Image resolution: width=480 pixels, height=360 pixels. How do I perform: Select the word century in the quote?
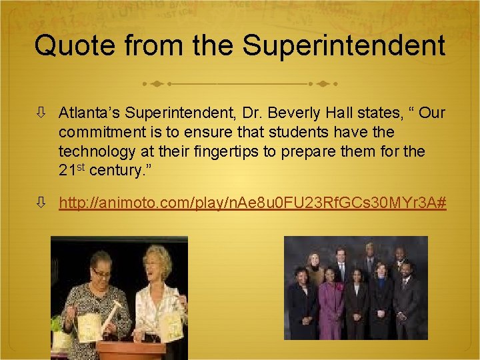click(x=115, y=170)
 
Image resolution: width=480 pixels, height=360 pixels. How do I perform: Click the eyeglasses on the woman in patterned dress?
click(x=102, y=274)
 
